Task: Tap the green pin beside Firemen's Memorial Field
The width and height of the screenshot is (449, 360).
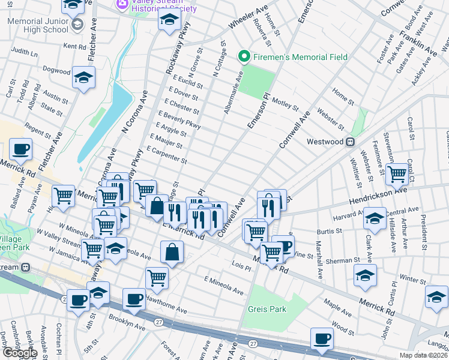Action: point(244,58)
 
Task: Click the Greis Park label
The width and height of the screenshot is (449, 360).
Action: point(267,309)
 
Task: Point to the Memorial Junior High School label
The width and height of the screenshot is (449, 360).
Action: point(38,25)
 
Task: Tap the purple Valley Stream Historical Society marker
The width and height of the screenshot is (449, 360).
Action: point(122,5)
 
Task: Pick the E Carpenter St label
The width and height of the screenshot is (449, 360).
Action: point(167,155)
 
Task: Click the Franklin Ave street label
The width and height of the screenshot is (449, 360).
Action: point(424,41)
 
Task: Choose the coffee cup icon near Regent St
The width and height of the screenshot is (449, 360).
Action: point(20,149)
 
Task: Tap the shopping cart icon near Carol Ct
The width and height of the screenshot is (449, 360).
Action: point(397,174)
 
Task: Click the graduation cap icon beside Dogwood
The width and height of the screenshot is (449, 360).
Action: point(84,77)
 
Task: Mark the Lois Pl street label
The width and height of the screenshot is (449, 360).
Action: point(240,265)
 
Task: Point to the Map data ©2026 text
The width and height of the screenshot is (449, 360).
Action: point(424,355)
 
